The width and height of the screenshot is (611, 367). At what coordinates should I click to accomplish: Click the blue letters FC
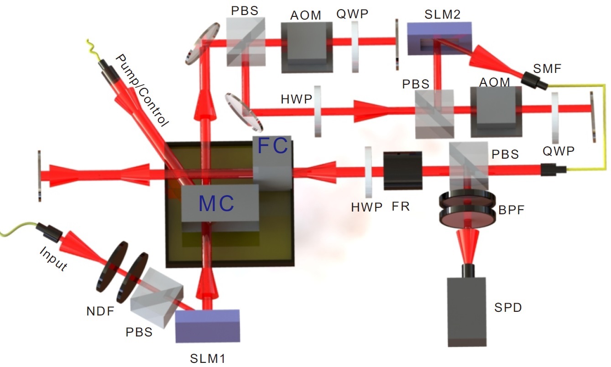[273, 147]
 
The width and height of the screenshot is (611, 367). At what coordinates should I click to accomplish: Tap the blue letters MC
[217, 204]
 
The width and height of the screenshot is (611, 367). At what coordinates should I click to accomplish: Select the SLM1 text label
[208, 358]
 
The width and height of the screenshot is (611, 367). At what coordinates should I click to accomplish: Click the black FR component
[402, 171]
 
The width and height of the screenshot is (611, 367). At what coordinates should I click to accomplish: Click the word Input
[53, 259]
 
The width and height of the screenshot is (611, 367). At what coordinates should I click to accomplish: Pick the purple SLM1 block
[208, 326]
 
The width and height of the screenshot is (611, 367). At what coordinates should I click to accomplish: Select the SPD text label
[508, 309]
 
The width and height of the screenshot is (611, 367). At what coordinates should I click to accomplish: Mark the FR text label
[400, 207]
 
